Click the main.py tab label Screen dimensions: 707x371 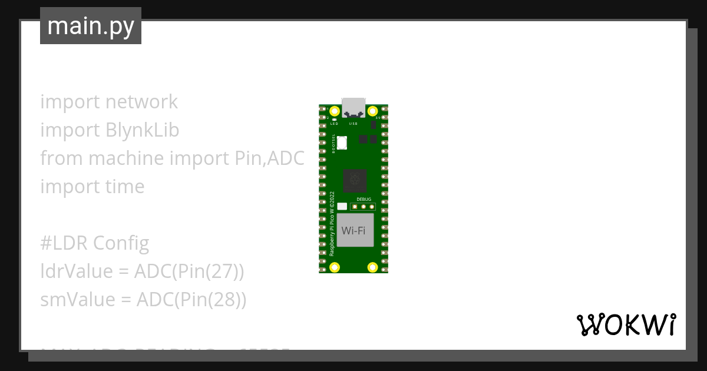click(91, 26)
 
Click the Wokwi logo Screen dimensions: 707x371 click(626, 324)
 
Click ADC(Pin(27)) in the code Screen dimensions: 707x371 click(189, 271)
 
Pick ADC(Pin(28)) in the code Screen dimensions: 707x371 click(191, 299)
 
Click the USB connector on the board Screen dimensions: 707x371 click(353, 106)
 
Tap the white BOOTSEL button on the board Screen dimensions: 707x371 click(342, 142)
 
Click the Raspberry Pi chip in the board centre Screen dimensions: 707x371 click(355, 181)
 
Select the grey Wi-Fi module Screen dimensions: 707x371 click(355, 230)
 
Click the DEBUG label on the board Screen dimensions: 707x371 click(364, 200)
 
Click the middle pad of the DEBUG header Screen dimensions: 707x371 click(364, 206)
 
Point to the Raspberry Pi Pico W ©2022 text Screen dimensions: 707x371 click(332, 223)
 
